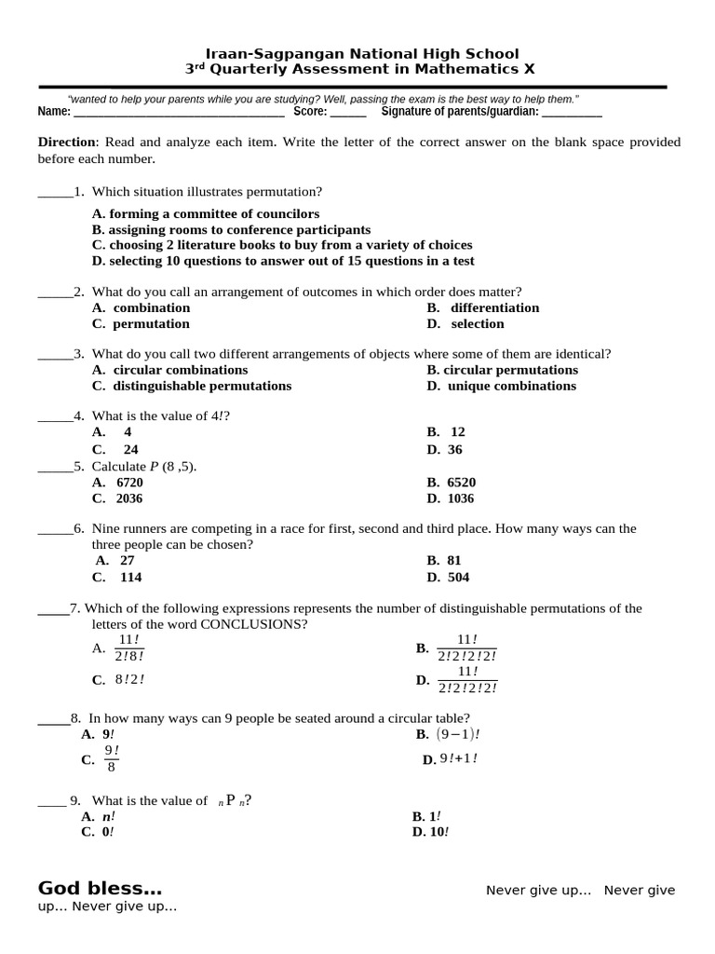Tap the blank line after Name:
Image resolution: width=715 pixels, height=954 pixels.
tap(179, 114)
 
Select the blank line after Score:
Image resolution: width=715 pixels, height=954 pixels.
tap(348, 114)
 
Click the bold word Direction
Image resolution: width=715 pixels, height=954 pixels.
tap(66, 143)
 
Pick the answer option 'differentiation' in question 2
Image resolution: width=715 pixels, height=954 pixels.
tap(494, 308)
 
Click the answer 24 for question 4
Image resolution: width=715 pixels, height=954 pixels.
tap(130, 449)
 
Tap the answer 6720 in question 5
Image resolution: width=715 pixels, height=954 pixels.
tap(129, 483)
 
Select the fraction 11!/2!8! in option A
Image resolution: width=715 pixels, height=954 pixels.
tap(129, 647)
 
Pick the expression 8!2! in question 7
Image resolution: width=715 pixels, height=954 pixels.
tap(129, 679)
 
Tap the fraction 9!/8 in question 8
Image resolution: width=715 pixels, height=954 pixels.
tap(111, 759)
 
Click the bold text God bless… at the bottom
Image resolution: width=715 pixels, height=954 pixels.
tap(100, 888)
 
